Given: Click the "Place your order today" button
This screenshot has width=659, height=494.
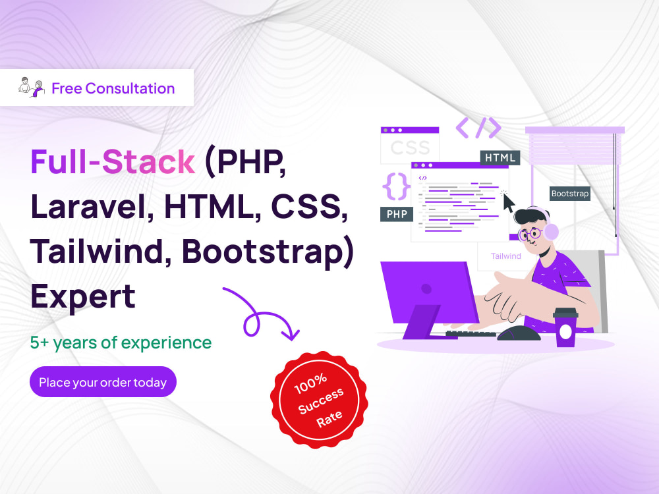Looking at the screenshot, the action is coord(103,381).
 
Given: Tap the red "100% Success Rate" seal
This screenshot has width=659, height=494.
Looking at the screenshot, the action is coord(319,400).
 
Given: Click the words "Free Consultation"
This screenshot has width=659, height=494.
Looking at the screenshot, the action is coord(113,88).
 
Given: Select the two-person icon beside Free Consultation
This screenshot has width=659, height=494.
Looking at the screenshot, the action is coord(32,88).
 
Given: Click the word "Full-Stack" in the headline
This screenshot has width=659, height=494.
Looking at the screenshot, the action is coord(113,162).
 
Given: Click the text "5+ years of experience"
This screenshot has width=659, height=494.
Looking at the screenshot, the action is coord(121,343).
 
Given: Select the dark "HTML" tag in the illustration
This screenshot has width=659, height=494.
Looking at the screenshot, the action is coord(500,157).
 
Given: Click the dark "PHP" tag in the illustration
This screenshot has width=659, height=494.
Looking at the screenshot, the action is coord(397,214).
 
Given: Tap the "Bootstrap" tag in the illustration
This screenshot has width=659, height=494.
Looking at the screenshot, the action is coord(570,194).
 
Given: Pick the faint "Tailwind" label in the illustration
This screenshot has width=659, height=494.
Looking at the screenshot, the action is coord(505,256).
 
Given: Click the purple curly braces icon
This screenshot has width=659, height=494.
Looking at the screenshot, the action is coord(396,186).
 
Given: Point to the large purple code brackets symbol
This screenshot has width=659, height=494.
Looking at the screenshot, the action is coord(478,128).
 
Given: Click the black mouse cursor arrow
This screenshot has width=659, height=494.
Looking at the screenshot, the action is coord(508,203).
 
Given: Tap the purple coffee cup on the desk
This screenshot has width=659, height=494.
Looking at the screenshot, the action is coord(565,327).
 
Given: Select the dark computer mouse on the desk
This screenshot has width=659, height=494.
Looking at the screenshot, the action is coord(519,333).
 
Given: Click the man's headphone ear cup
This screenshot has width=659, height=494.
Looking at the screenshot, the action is coord(551,231).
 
